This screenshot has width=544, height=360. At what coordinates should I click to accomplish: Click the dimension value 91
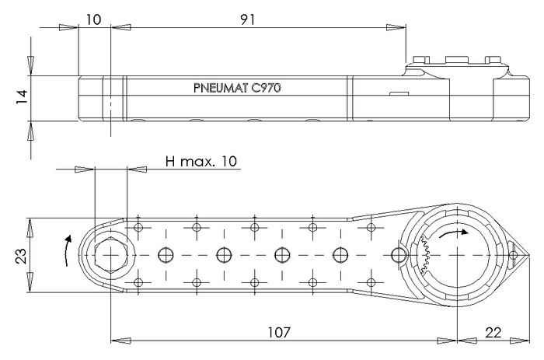click(248, 19)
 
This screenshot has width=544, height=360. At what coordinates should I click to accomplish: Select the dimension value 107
click(279, 333)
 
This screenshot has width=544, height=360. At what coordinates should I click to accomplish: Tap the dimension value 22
click(493, 333)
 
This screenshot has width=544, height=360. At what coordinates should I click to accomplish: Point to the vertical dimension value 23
click(21, 256)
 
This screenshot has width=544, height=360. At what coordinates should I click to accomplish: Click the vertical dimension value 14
click(22, 97)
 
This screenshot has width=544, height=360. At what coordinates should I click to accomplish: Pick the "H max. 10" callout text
click(201, 161)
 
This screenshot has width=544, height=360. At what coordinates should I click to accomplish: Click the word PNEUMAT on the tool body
click(221, 88)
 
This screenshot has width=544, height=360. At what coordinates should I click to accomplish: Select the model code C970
click(266, 88)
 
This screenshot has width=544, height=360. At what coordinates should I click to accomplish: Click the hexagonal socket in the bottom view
click(110, 255)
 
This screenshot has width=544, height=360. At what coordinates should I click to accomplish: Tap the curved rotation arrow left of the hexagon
click(67, 250)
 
